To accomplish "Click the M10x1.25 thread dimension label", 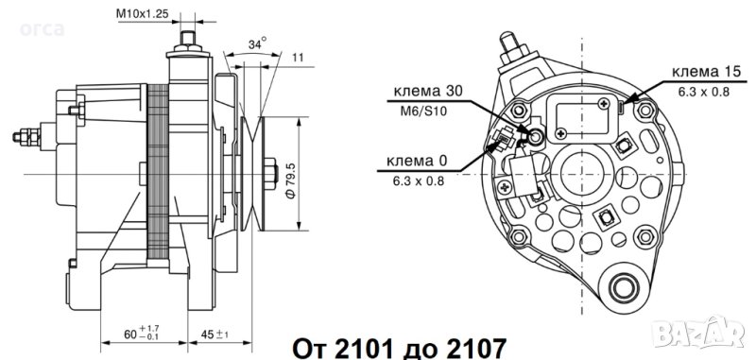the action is click(x=143, y=13).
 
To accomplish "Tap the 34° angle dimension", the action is click(x=258, y=43).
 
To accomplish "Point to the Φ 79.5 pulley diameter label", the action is click(x=290, y=179).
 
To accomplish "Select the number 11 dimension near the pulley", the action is click(x=298, y=58).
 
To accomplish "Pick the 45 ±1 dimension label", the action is click(x=215, y=334).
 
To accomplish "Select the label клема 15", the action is click(x=705, y=73).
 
